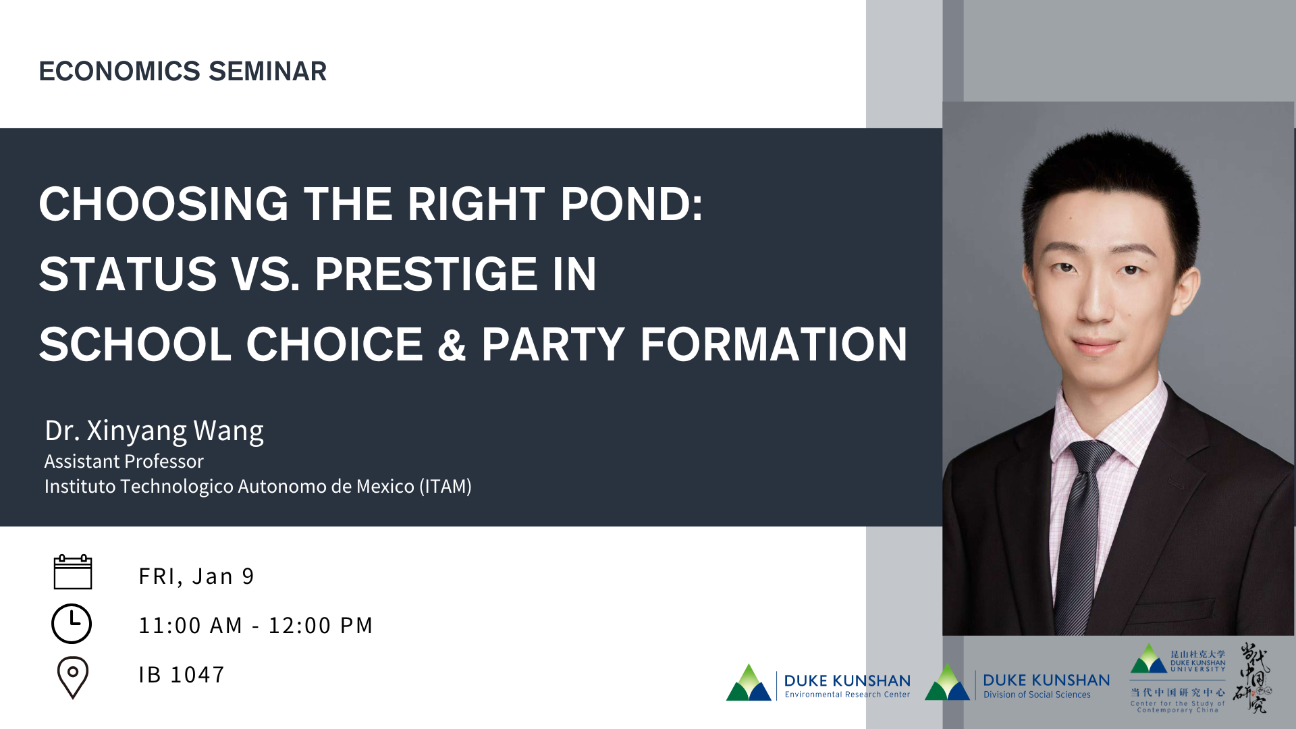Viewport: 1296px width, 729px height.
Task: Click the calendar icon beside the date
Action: point(73,572)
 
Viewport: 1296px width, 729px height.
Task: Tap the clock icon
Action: point(72,624)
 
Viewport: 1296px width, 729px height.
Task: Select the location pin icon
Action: point(73,677)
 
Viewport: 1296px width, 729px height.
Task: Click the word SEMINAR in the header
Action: point(268,71)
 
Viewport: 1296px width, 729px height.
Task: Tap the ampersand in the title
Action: point(452,344)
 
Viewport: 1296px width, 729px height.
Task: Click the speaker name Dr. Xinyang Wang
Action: point(154,431)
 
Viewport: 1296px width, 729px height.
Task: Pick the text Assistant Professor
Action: point(124,461)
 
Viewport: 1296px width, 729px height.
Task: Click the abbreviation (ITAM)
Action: point(446,487)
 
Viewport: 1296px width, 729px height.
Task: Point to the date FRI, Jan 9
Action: point(196,576)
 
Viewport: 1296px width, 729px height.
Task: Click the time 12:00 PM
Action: point(321,625)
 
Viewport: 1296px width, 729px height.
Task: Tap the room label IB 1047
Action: point(182,674)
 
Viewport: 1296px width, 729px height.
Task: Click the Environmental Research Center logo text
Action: point(847,695)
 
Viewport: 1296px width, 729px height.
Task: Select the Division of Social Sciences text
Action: point(1037,695)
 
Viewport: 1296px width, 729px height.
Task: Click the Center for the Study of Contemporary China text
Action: point(1178,707)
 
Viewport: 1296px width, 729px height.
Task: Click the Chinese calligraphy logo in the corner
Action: point(1253,678)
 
